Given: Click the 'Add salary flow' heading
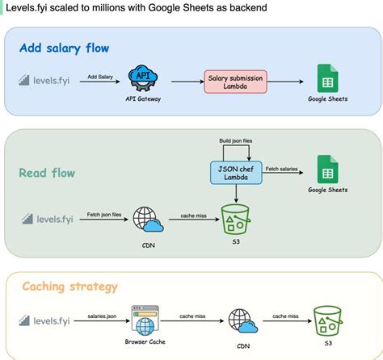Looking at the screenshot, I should pyautogui.click(x=64, y=48).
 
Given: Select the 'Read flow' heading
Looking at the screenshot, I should pyautogui.click(x=48, y=173).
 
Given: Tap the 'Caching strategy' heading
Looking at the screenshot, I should pyautogui.click(x=69, y=287).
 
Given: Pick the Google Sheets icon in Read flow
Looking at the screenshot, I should pyautogui.click(x=327, y=170).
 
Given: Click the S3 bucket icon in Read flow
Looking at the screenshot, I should pyautogui.click(x=235, y=219).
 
